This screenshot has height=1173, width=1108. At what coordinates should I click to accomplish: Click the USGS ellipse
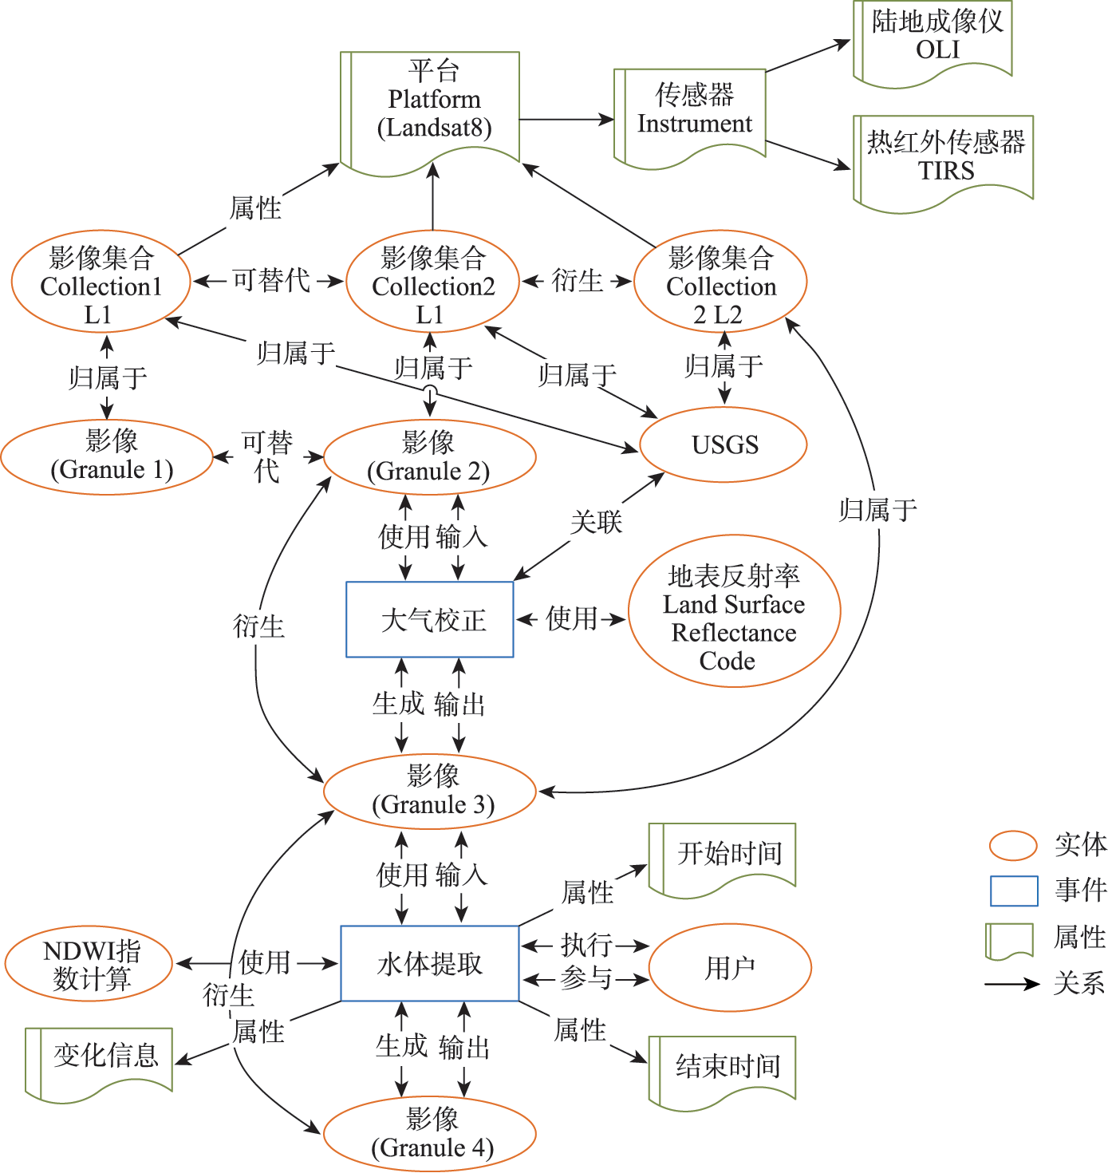[724, 444]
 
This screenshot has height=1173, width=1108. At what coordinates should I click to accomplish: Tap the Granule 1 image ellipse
[108, 457]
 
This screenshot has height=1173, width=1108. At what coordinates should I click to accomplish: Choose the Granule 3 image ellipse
[430, 791]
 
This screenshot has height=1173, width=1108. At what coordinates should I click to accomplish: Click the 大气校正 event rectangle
[430, 619]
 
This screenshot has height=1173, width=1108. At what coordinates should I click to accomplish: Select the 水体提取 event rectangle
[430, 963]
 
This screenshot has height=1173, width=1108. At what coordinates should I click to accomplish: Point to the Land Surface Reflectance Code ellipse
[734, 613]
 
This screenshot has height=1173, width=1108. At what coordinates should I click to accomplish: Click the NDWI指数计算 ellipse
[89, 964]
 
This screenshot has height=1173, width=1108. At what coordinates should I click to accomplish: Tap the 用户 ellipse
[730, 968]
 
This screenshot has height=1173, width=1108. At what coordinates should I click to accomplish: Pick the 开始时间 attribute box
[724, 855]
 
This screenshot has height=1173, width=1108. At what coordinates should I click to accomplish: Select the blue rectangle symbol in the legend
[1013, 891]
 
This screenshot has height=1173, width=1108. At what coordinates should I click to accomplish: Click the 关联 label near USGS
[596, 523]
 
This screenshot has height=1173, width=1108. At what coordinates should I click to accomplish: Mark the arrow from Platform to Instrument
[566, 120]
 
